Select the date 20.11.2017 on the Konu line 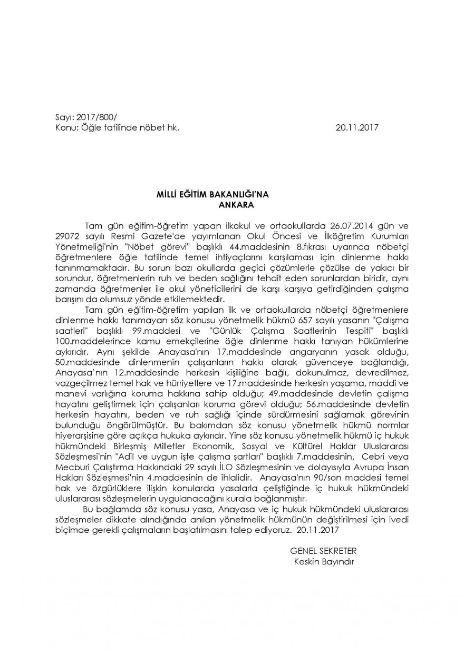coord(357,127)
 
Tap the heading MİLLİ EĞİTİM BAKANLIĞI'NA coord(202,194)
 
